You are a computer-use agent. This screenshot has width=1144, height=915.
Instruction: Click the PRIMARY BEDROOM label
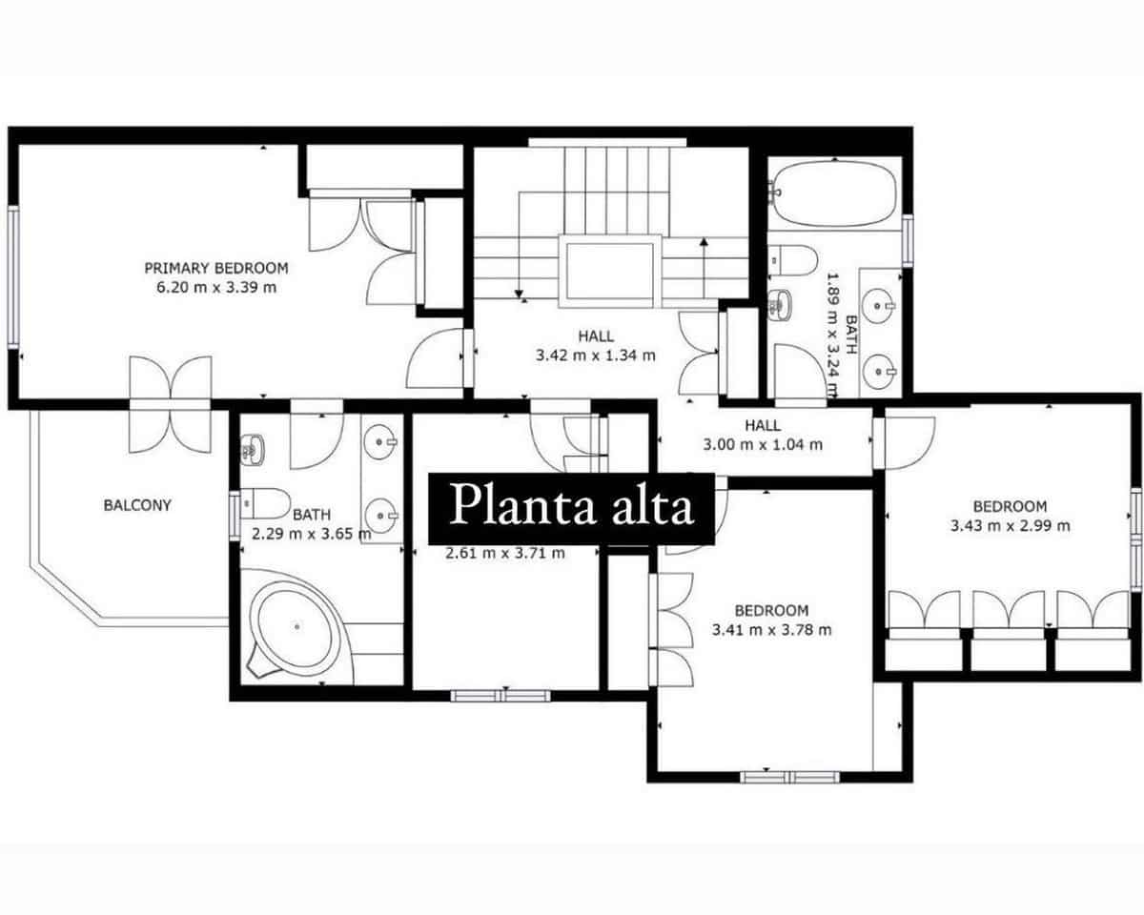tap(215, 268)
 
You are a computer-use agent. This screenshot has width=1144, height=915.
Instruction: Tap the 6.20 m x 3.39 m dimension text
tap(215, 287)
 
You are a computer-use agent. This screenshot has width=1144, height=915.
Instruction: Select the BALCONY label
tap(137, 505)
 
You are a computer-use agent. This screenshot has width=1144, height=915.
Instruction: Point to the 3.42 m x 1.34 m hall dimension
tap(596, 356)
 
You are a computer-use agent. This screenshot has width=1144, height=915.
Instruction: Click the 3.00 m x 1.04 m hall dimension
tap(763, 444)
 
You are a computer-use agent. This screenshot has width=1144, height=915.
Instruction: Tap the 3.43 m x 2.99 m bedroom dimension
tap(1010, 525)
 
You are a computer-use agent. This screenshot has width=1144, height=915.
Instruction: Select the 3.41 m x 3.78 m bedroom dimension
tap(771, 629)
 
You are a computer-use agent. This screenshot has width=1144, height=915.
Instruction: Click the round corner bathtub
tap(295, 626)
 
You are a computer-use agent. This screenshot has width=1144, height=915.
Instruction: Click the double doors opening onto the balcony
tap(171, 404)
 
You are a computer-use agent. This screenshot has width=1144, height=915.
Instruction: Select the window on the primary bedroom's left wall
tap(13, 276)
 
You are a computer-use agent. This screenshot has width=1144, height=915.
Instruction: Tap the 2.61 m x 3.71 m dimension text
tap(505, 552)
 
